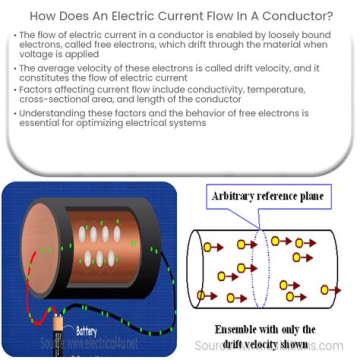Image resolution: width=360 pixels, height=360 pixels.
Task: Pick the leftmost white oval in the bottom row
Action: pos(87,258)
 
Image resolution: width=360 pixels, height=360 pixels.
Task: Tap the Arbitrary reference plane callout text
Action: pos(267,196)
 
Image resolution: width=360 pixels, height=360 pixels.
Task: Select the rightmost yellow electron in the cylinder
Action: pos(325,289)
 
